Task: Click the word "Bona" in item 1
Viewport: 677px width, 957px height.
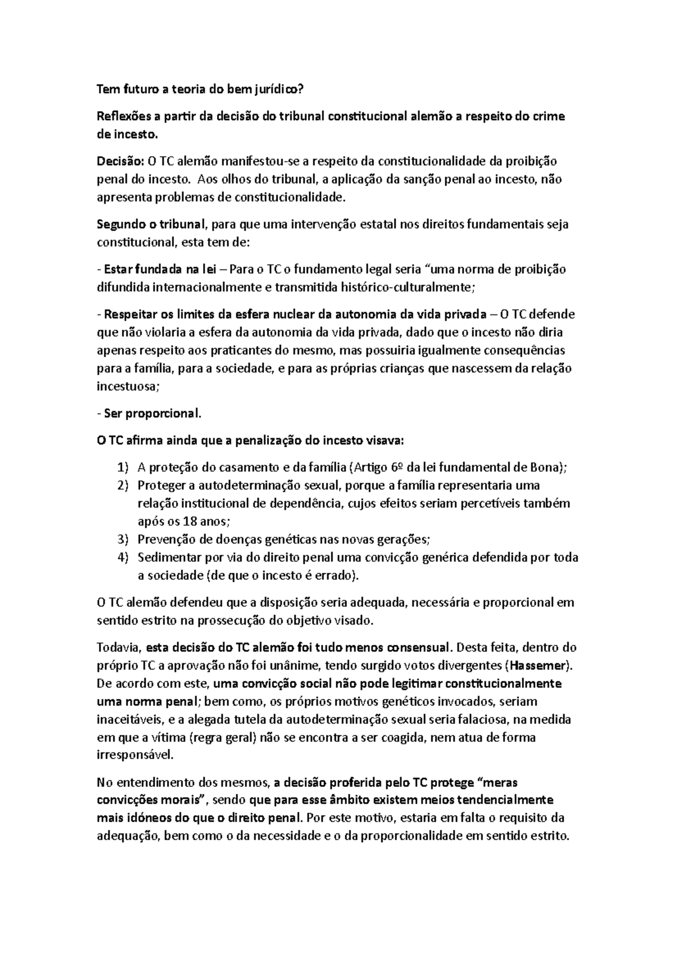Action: tap(546, 467)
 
